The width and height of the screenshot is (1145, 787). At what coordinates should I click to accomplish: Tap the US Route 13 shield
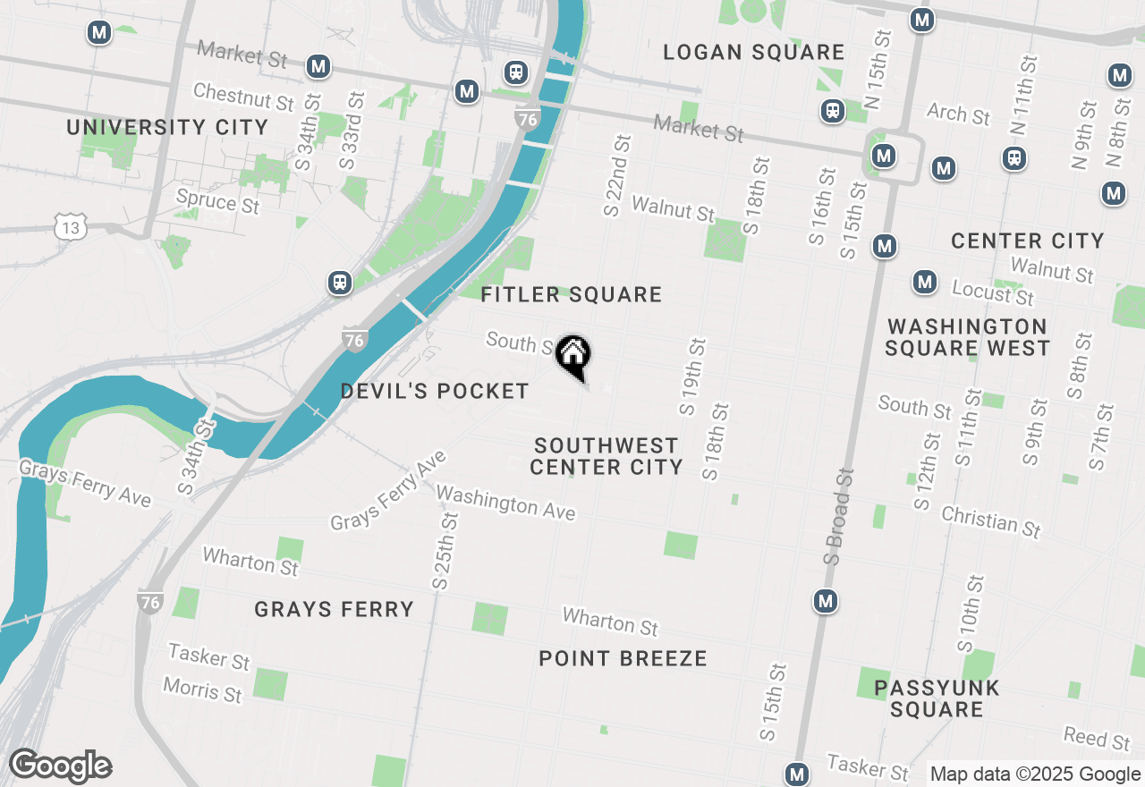tap(70, 228)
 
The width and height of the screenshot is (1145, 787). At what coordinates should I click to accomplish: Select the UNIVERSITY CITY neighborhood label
tap(167, 127)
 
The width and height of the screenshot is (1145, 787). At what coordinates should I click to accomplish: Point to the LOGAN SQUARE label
tap(753, 53)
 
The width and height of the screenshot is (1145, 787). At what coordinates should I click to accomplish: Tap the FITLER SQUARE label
tap(571, 294)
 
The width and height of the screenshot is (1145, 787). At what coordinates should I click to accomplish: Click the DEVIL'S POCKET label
tap(435, 391)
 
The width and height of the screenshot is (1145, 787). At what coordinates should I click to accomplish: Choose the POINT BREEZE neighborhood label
tap(623, 659)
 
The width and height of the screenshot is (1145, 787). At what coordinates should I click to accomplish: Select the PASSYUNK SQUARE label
tap(937, 698)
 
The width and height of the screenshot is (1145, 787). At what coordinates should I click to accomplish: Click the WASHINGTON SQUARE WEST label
tap(967, 337)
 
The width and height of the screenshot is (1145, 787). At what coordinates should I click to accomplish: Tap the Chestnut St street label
tap(243, 96)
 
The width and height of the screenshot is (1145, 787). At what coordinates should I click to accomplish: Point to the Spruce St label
tap(217, 200)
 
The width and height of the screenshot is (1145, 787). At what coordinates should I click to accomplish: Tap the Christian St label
tap(991, 521)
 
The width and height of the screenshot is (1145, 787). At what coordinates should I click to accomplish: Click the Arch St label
tap(959, 114)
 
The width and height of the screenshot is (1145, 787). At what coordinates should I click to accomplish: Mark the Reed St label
tap(1097, 738)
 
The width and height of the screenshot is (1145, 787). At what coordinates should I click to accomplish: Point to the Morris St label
tap(203, 690)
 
